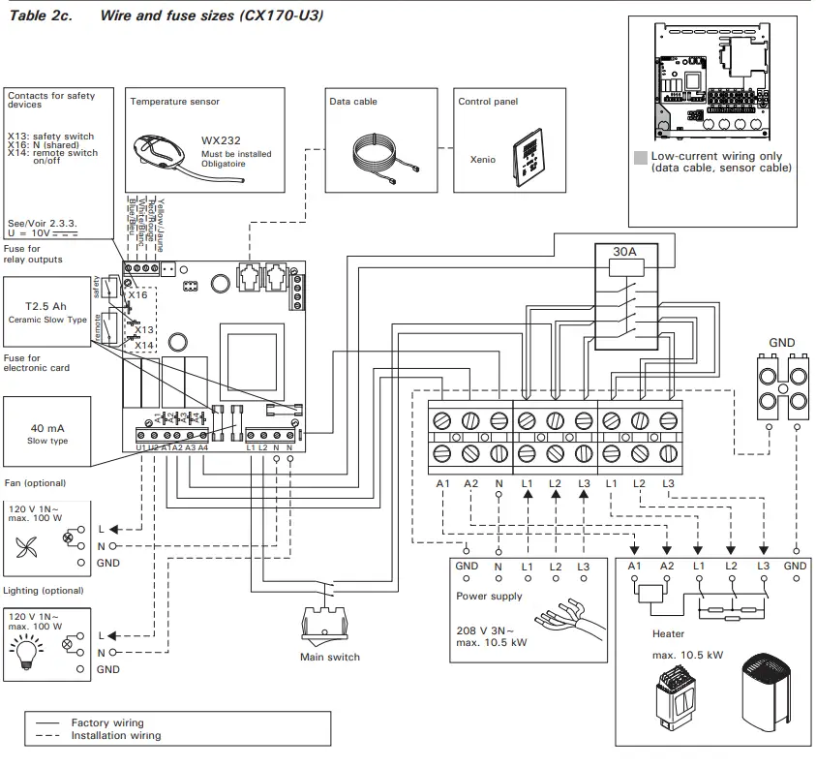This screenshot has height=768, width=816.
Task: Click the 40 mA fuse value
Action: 47,428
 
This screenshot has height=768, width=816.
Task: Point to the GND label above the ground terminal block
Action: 781,343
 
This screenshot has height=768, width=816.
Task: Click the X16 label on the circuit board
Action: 138,294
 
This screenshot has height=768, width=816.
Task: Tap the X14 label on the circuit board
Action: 143,345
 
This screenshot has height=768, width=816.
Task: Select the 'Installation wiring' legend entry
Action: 115,736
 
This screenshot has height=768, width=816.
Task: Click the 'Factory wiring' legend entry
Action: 106,722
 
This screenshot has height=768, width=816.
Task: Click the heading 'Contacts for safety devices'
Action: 50,100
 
